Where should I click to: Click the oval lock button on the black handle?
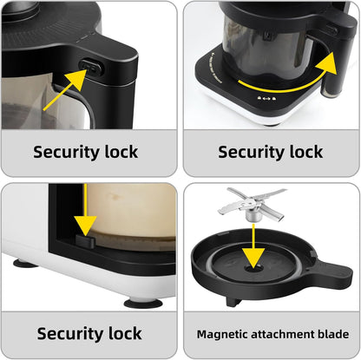[90, 68]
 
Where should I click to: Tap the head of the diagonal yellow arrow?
[75, 79]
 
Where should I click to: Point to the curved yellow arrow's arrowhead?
[328, 65]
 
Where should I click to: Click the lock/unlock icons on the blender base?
[266, 99]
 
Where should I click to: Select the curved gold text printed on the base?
[214, 69]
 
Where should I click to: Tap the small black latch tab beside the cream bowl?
[85, 241]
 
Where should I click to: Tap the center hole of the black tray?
[253, 269]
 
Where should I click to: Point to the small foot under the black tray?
[233, 302]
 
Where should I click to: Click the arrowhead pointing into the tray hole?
[253, 257]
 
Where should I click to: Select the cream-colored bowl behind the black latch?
[132, 214]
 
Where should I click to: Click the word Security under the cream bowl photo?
[70, 334]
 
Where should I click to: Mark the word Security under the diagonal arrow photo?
[67, 153]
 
